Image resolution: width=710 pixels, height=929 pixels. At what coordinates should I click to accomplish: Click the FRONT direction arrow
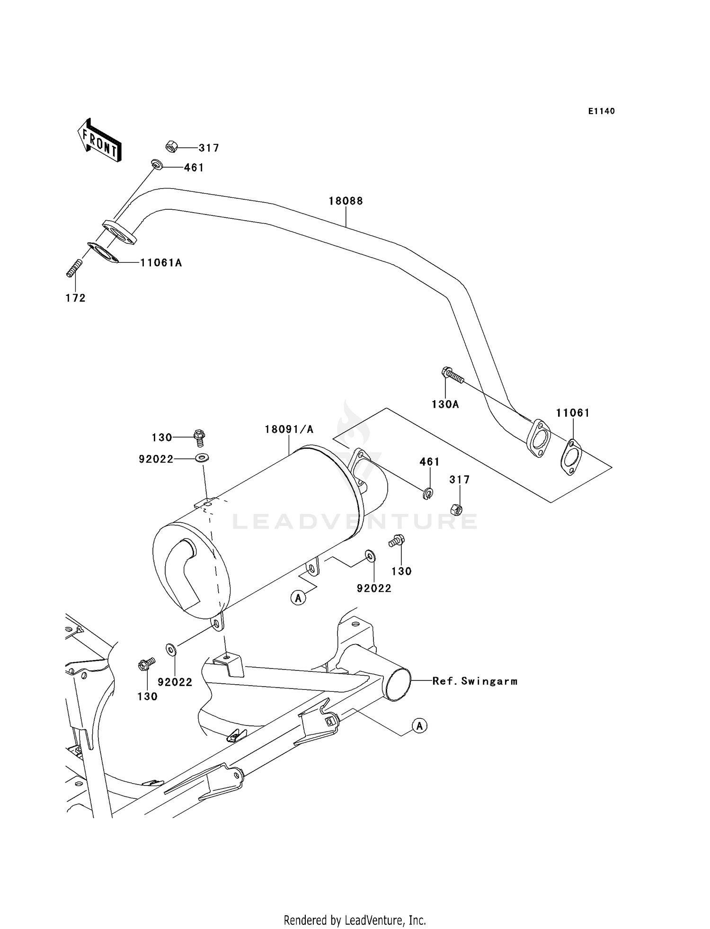100,141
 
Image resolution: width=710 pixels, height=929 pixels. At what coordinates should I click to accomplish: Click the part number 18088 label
346,201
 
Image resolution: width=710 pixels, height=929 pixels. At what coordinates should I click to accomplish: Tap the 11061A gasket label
161,263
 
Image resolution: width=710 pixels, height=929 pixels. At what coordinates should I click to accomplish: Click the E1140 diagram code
602,111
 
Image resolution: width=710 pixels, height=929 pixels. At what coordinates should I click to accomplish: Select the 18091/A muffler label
289,429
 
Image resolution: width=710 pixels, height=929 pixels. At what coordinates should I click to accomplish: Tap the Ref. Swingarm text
475,681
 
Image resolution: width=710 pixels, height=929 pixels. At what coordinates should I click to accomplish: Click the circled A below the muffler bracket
298,598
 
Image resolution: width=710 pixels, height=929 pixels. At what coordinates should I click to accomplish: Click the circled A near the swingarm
420,725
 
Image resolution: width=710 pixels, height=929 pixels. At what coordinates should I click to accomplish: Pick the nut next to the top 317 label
172,147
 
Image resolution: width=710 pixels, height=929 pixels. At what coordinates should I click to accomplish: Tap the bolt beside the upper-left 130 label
199,437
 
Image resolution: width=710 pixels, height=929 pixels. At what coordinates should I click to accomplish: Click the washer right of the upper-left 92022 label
203,458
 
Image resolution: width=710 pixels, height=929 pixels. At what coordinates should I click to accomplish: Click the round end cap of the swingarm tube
398,685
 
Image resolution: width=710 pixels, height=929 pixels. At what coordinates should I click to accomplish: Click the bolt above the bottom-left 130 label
146,664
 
